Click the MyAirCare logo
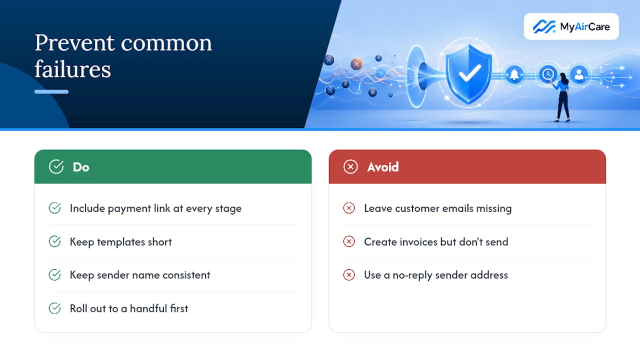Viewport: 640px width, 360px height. [x=571, y=26]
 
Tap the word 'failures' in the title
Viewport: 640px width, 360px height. [x=72, y=69]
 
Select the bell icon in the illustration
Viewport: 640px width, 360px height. [x=514, y=74]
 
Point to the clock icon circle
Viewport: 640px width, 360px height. [x=547, y=74]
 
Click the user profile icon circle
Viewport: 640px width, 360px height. [x=579, y=74]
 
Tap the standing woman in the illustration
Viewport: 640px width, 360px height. [x=562, y=97]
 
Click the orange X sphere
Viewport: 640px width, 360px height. [x=356, y=64]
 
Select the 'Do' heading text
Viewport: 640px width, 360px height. [x=81, y=167]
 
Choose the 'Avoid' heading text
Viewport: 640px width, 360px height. [x=383, y=167]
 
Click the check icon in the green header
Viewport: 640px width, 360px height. [x=56, y=166]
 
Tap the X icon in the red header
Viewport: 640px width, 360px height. [x=350, y=167]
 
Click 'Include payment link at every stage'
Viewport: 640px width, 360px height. [x=155, y=208]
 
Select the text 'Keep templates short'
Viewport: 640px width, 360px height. [x=121, y=242]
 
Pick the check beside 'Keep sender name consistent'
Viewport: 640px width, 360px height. [x=54, y=275]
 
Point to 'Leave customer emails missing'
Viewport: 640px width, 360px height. [x=437, y=208]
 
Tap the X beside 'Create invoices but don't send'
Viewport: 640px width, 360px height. [x=349, y=241]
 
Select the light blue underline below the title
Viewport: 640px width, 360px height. [x=51, y=91]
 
